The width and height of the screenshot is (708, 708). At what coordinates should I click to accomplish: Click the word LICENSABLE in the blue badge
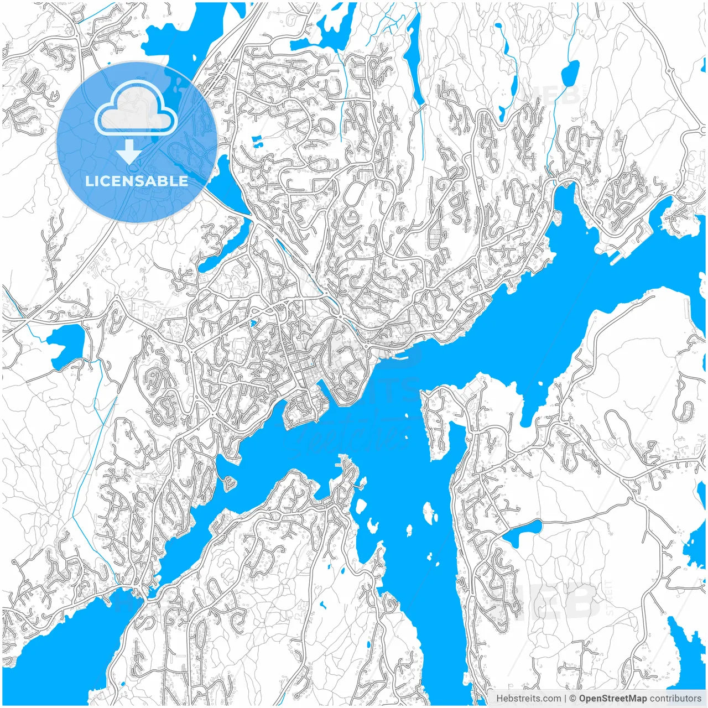pyautogui.click(x=137, y=181)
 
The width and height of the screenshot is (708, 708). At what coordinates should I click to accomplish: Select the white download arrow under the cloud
pyautogui.click(x=129, y=152)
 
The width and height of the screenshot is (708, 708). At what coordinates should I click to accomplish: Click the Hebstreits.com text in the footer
pyautogui.click(x=528, y=699)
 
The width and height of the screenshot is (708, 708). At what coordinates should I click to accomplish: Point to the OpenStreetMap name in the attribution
pyautogui.click(x=612, y=699)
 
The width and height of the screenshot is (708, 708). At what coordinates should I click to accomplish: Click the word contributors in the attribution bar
pyautogui.click(x=675, y=699)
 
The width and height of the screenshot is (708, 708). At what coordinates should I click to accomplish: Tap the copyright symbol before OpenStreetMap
pyautogui.click(x=573, y=699)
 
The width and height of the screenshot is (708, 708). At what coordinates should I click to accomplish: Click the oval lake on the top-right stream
pyautogui.click(x=570, y=71)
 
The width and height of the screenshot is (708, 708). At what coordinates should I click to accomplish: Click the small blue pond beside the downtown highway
pyautogui.click(x=253, y=323)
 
